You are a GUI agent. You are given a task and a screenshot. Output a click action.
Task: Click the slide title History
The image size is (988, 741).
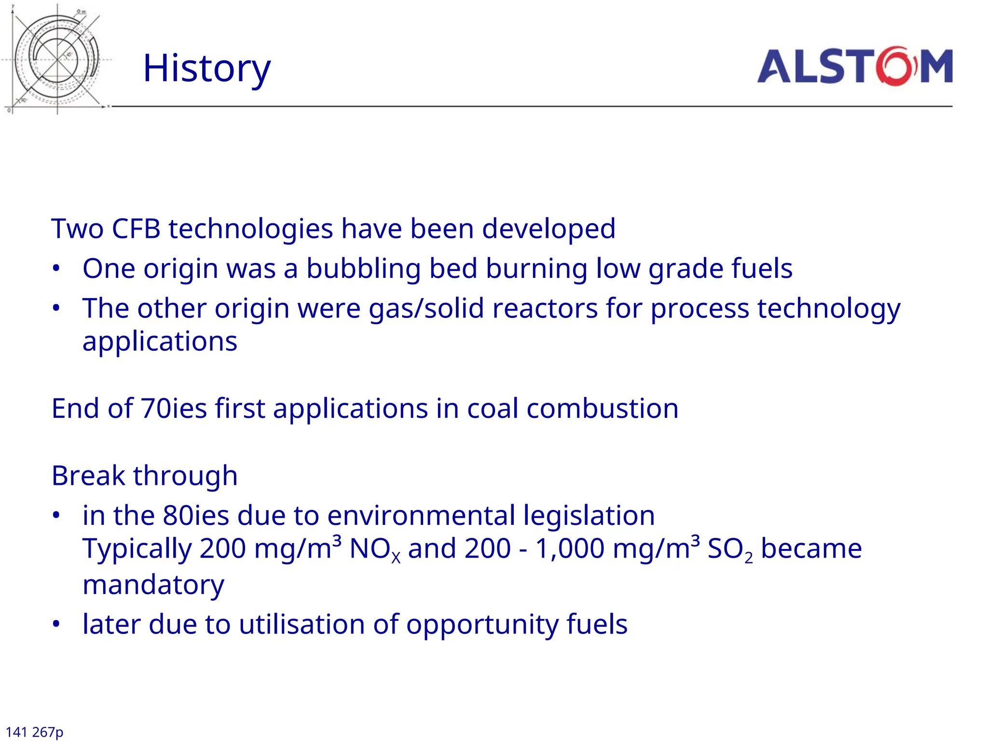pos(207,69)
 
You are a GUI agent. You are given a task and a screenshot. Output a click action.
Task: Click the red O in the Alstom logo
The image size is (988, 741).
pos(896,66)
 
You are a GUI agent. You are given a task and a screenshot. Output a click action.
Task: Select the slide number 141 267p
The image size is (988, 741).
pos(34,732)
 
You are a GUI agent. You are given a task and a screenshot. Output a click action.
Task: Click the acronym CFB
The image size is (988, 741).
pos(136,229)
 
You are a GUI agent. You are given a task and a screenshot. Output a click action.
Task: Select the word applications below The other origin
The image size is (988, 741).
pos(160,342)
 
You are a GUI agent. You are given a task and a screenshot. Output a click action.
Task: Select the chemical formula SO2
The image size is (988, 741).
pos(729,550)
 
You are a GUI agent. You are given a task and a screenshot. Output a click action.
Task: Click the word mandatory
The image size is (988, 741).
pos(153,585)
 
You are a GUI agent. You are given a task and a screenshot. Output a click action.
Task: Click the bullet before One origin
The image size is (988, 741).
pos(56,269)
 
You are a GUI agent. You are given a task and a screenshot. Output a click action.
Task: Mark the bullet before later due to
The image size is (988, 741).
pos(56,624)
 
